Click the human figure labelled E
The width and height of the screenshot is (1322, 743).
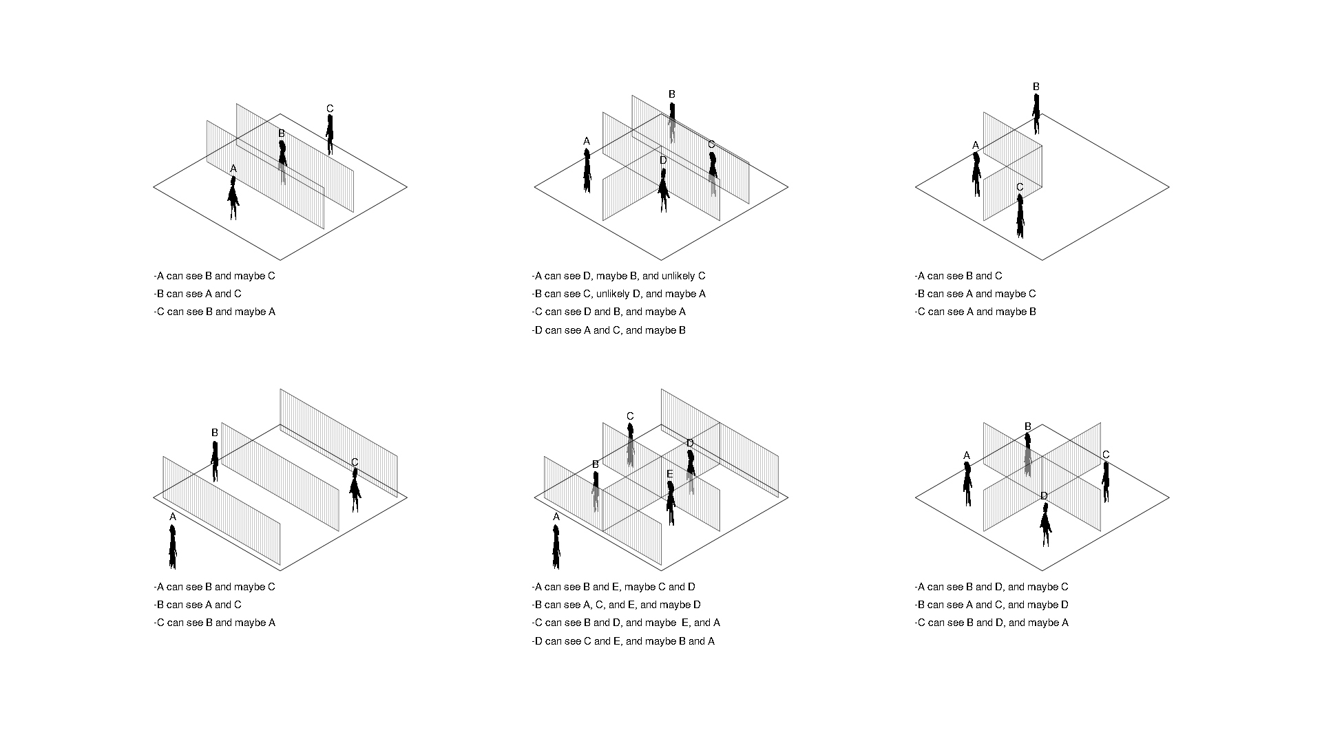tap(671, 503)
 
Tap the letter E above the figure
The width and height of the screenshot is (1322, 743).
tap(669, 474)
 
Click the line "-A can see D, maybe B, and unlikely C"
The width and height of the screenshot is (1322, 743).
tap(618, 276)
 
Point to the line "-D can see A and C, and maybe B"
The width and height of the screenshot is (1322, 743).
tap(609, 330)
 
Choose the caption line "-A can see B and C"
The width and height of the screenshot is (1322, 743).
tap(958, 276)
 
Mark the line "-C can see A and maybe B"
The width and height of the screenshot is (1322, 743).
tap(975, 312)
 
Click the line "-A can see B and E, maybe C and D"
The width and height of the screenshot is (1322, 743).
tap(613, 587)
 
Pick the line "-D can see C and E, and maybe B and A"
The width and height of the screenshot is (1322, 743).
tap(623, 641)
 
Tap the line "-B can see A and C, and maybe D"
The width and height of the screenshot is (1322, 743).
tap(992, 605)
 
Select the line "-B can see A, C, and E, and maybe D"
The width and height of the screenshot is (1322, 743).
tap(616, 605)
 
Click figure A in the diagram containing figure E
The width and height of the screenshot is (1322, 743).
tap(556, 547)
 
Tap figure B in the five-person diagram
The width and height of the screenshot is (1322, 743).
tap(596, 491)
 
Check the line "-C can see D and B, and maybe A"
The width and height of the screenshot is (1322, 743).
tap(609, 312)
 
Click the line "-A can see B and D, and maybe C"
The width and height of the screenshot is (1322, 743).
tap(992, 587)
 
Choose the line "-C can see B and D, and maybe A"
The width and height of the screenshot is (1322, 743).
tap(992, 623)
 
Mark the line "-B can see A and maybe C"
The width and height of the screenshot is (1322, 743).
tap(975, 294)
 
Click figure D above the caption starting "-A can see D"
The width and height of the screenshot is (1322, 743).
tap(664, 190)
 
